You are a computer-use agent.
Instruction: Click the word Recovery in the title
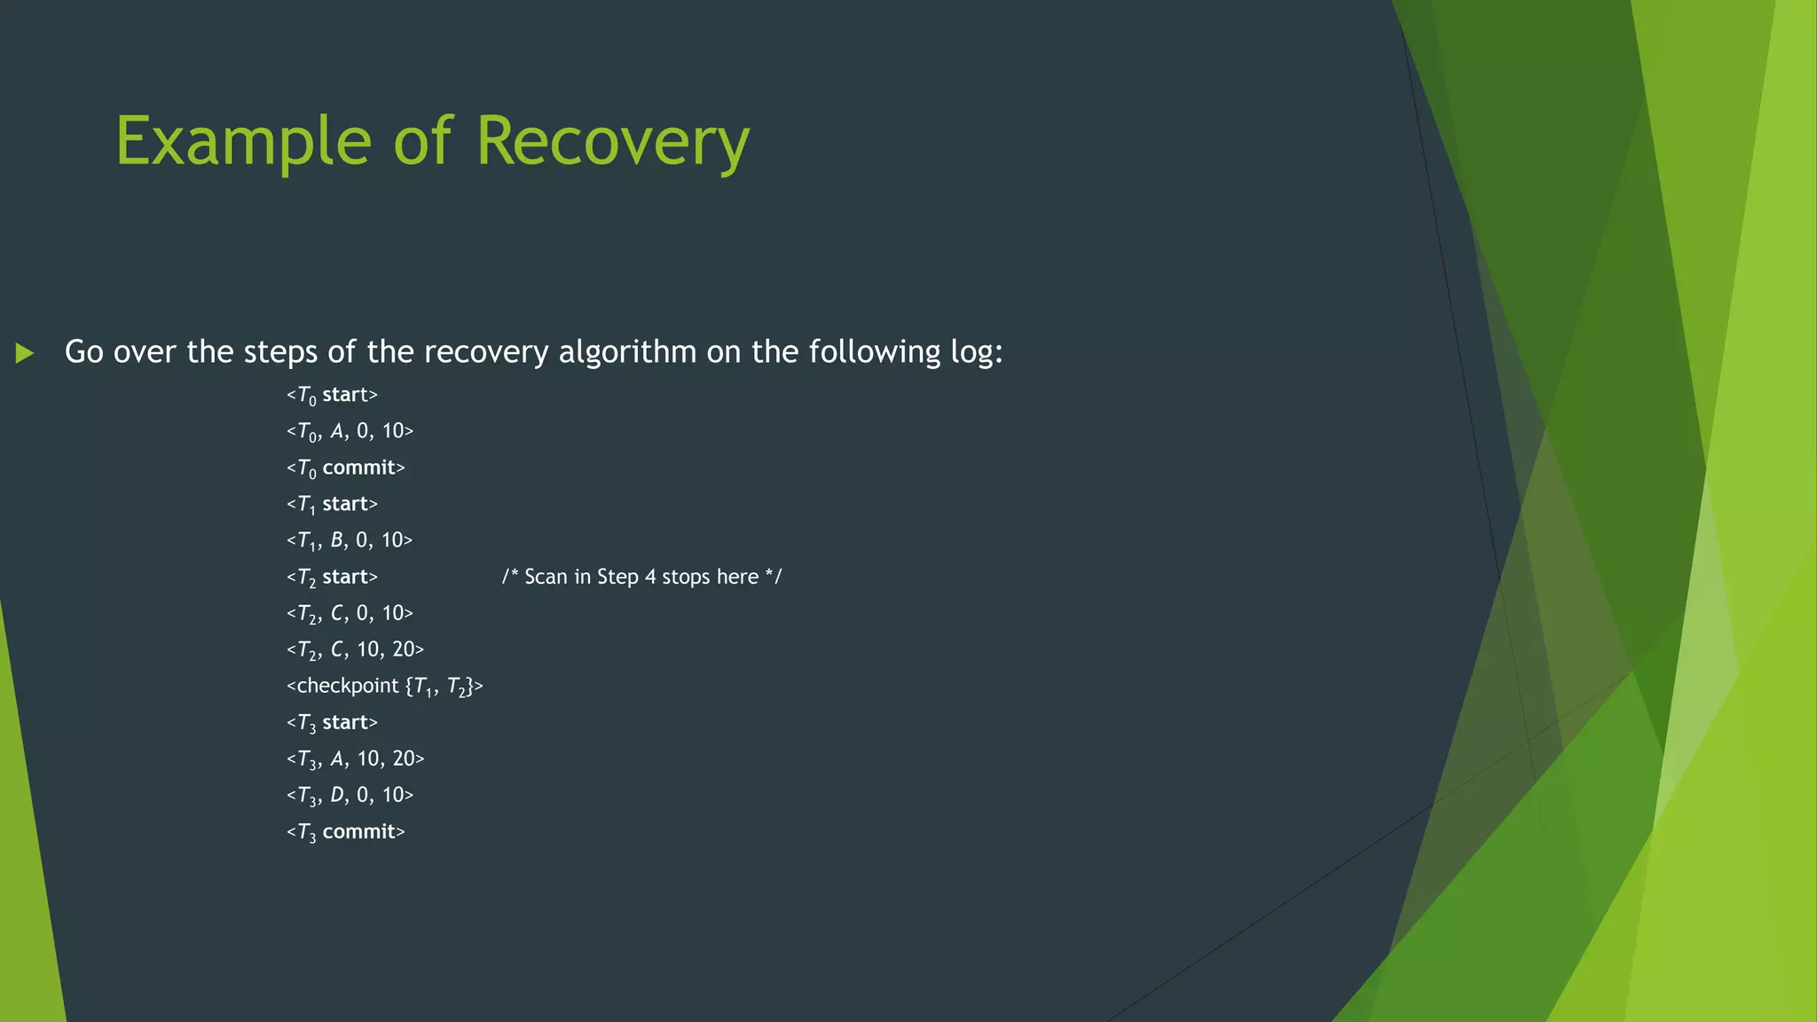[x=612, y=142]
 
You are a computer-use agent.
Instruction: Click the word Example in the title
[x=242, y=142]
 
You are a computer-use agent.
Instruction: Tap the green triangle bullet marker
[x=25, y=353]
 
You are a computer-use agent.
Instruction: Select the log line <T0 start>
[x=332, y=395]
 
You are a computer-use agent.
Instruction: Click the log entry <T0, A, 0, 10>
[x=350, y=431]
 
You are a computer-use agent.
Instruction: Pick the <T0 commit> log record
[x=345, y=468]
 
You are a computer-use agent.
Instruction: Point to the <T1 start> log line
[x=332, y=504]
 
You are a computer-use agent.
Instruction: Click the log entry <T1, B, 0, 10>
[x=350, y=540]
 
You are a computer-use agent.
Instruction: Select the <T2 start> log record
[x=332, y=577]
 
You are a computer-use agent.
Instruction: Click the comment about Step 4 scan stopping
[x=641, y=577]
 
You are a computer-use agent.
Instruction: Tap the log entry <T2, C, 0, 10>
[x=350, y=613]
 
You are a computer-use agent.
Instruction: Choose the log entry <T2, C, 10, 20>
[x=355, y=649]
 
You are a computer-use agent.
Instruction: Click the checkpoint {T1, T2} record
[x=384, y=686]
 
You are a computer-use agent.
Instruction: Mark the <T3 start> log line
[x=332, y=722]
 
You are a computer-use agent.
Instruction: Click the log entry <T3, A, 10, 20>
[x=355, y=759]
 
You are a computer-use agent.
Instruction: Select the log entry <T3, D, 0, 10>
[x=350, y=795]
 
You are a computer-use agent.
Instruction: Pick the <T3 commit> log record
[x=345, y=831]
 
